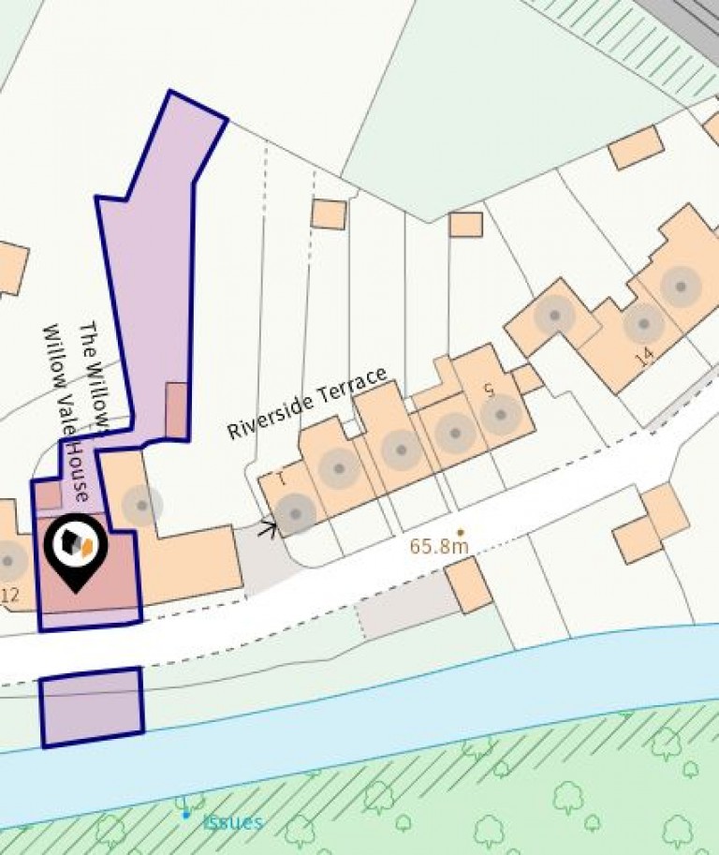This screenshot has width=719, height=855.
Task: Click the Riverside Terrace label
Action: click(307, 404)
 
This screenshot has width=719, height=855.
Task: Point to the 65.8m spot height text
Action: click(439, 546)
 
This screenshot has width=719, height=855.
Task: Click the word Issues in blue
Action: click(233, 822)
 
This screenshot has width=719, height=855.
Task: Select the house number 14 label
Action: click(643, 357)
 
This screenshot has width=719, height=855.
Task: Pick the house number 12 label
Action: click(10, 594)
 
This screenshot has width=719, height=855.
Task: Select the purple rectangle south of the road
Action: click(92, 707)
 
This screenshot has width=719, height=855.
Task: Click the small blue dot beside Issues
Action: click(185, 815)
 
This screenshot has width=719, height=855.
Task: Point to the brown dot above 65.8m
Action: click(460, 532)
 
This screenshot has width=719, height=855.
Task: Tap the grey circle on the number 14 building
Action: click(643, 323)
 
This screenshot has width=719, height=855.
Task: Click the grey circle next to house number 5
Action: click(501, 414)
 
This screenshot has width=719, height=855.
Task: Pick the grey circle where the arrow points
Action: click(296, 513)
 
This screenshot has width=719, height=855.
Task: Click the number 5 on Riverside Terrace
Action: click(489, 391)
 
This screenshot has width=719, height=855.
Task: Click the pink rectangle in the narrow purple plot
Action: click(176, 410)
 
